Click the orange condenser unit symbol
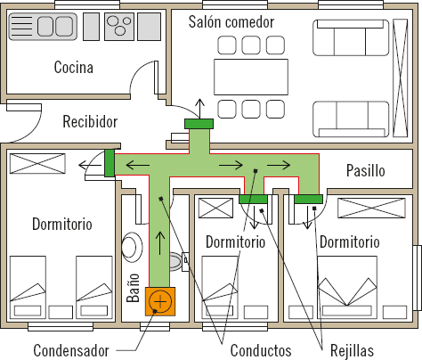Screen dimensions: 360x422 pyautogui.click(x=160, y=301)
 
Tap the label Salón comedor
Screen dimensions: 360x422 pyautogui.click(x=231, y=21)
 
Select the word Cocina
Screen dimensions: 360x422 pyautogui.click(x=74, y=67)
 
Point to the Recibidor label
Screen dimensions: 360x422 pyautogui.click(x=90, y=121)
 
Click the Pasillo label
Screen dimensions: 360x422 pyautogui.click(x=365, y=169)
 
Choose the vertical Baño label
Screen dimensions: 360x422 pyautogui.click(x=134, y=290)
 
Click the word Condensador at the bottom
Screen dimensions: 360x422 pyautogui.click(x=72, y=348)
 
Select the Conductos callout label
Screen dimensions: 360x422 pyautogui.click(x=261, y=348)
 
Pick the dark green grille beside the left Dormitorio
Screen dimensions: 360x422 pyautogui.click(x=109, y=164)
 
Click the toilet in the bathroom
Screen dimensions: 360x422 pyautogui.click(x=133, y=245)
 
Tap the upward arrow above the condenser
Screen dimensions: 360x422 pyautogui.click(x=160, y=239)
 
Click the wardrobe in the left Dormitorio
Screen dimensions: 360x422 pyautogui.click(x=37, y=164)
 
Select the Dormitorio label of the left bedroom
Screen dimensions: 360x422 pyautogui.click(x=61, y=224)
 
